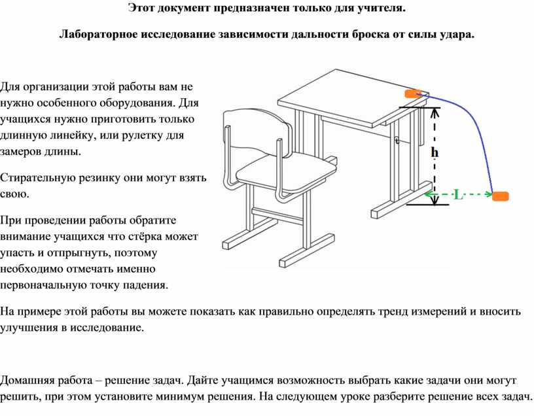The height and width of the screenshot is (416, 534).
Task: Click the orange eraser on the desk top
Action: [414, 94]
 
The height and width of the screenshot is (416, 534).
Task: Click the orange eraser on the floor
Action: [500, 196]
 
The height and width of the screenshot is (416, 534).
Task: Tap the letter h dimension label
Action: [435, 152]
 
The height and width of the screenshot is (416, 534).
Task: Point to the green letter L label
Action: [459, 195]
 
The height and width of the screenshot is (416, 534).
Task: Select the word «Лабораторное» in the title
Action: [98, 35]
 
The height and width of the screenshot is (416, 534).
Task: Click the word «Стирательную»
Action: [37, 178]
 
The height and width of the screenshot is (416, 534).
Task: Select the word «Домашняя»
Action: [27, 380]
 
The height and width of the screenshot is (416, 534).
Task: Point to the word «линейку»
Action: [69, 135]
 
